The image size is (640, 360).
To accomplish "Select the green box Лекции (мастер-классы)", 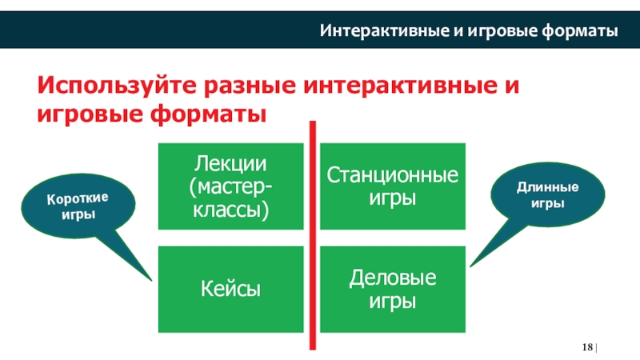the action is click(x=230, y=186).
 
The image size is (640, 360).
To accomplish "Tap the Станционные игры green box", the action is click(x=392, y=186).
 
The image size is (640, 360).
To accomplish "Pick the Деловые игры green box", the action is click(x=392, y=290).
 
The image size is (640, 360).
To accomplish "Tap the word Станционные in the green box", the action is click(x=392, y=175).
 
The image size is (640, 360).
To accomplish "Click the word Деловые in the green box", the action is click(x=392, y=278).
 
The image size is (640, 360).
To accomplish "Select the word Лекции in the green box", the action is click(x=230, y=164).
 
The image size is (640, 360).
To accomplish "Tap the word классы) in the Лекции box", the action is click(x=230, y=210).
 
